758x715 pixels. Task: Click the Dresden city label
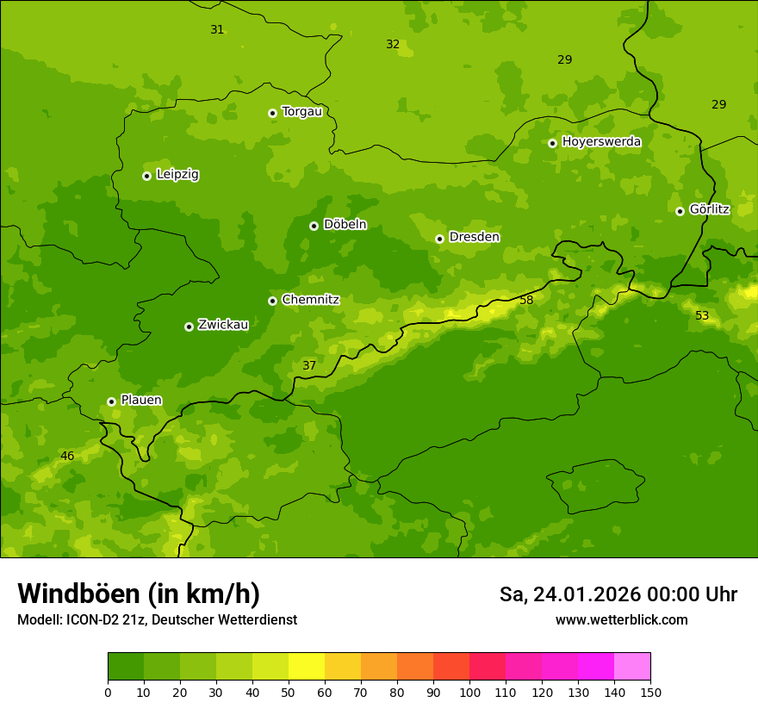474,237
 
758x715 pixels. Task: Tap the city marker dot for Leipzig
146,176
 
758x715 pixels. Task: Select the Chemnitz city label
310,300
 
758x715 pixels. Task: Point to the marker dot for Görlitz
680,211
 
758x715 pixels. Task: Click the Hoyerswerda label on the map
601,141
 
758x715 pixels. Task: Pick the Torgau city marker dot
272,113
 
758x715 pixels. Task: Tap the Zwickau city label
223,325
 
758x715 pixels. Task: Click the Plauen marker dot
111,401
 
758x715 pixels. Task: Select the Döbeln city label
345,224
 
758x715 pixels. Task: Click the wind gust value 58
526,300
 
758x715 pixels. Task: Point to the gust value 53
702,315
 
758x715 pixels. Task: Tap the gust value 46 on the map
67,456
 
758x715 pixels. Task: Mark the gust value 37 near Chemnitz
309,365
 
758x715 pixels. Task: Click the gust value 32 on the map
393,44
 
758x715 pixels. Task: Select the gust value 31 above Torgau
217,29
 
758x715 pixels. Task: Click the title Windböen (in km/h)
139,594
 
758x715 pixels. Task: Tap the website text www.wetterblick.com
621,619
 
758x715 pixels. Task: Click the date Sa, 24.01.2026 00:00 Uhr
618,594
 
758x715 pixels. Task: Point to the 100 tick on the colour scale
469,692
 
